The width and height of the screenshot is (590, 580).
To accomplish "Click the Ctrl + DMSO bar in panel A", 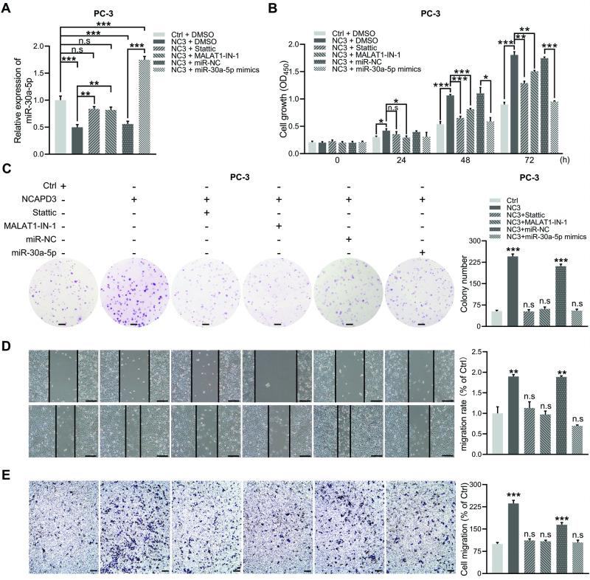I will (60, 119).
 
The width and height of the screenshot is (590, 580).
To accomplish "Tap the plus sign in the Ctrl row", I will (63, 184).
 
